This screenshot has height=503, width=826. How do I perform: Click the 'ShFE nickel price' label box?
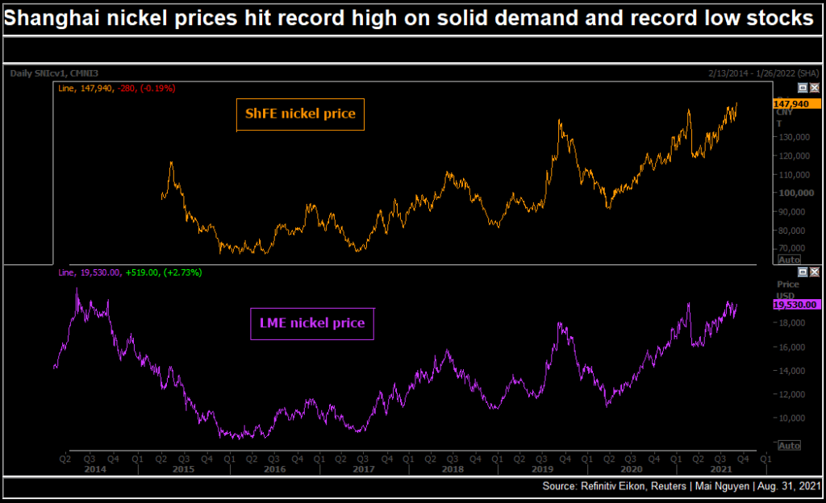point(300,114)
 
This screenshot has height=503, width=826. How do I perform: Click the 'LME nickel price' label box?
point(311,323)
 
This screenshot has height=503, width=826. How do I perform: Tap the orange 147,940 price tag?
point(791,104)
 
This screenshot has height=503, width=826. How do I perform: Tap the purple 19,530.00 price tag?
point(796,305)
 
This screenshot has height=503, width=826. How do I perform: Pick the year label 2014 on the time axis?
point(95,468)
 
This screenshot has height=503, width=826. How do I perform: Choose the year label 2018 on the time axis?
point(453,468)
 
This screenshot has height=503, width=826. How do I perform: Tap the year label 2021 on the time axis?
point(720,468)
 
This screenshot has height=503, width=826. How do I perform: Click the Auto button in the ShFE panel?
point(788,260)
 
